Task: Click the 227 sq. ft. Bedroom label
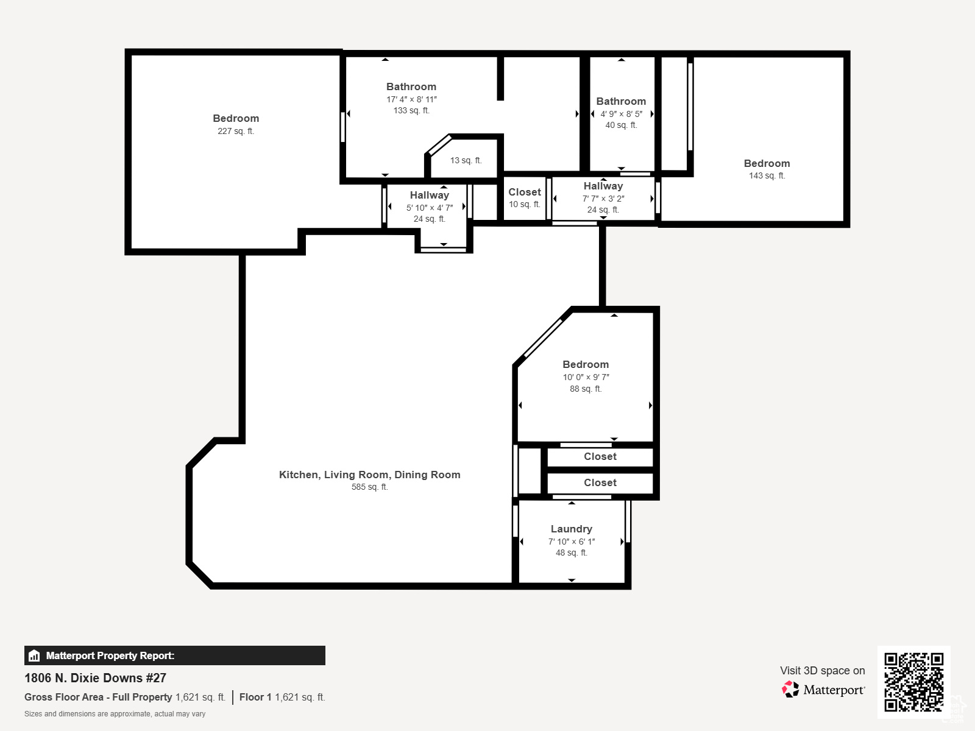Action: tap(236, 119)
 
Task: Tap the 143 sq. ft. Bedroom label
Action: tap(767, 164)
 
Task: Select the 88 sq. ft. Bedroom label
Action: tap(586, 365)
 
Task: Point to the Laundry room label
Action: tap(572, 529)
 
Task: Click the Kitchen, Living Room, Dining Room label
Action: tap(369, 475)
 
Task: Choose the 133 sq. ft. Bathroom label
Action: tap(411, 87)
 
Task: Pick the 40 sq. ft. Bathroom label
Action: tap(621, 102)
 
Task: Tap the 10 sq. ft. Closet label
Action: tap(525, 192)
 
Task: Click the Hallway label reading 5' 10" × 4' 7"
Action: tap(430, 196)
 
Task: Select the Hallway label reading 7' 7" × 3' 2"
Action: tap(603, 186)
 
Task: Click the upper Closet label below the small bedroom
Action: tap(600, 457)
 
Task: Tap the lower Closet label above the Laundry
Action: tap(600, 483)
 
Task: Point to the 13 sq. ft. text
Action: tap(466, 161)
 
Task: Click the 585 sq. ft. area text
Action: tap(369, 487)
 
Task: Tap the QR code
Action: tap(913, 682)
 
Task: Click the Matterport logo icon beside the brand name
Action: tap(790, 690)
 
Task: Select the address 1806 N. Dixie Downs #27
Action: tap(95, 678)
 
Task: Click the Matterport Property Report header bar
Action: tap(174, 655)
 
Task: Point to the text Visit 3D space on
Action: tap(822, 671)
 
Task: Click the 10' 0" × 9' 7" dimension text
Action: tap(586, 378)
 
